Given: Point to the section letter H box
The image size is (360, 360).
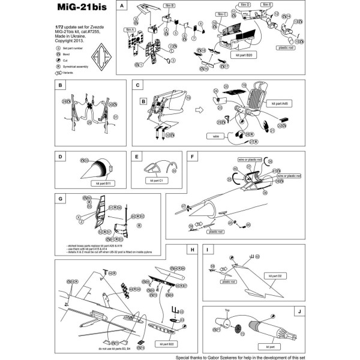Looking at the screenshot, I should click(191, 250).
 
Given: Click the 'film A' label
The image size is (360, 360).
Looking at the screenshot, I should click(128, 29).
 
